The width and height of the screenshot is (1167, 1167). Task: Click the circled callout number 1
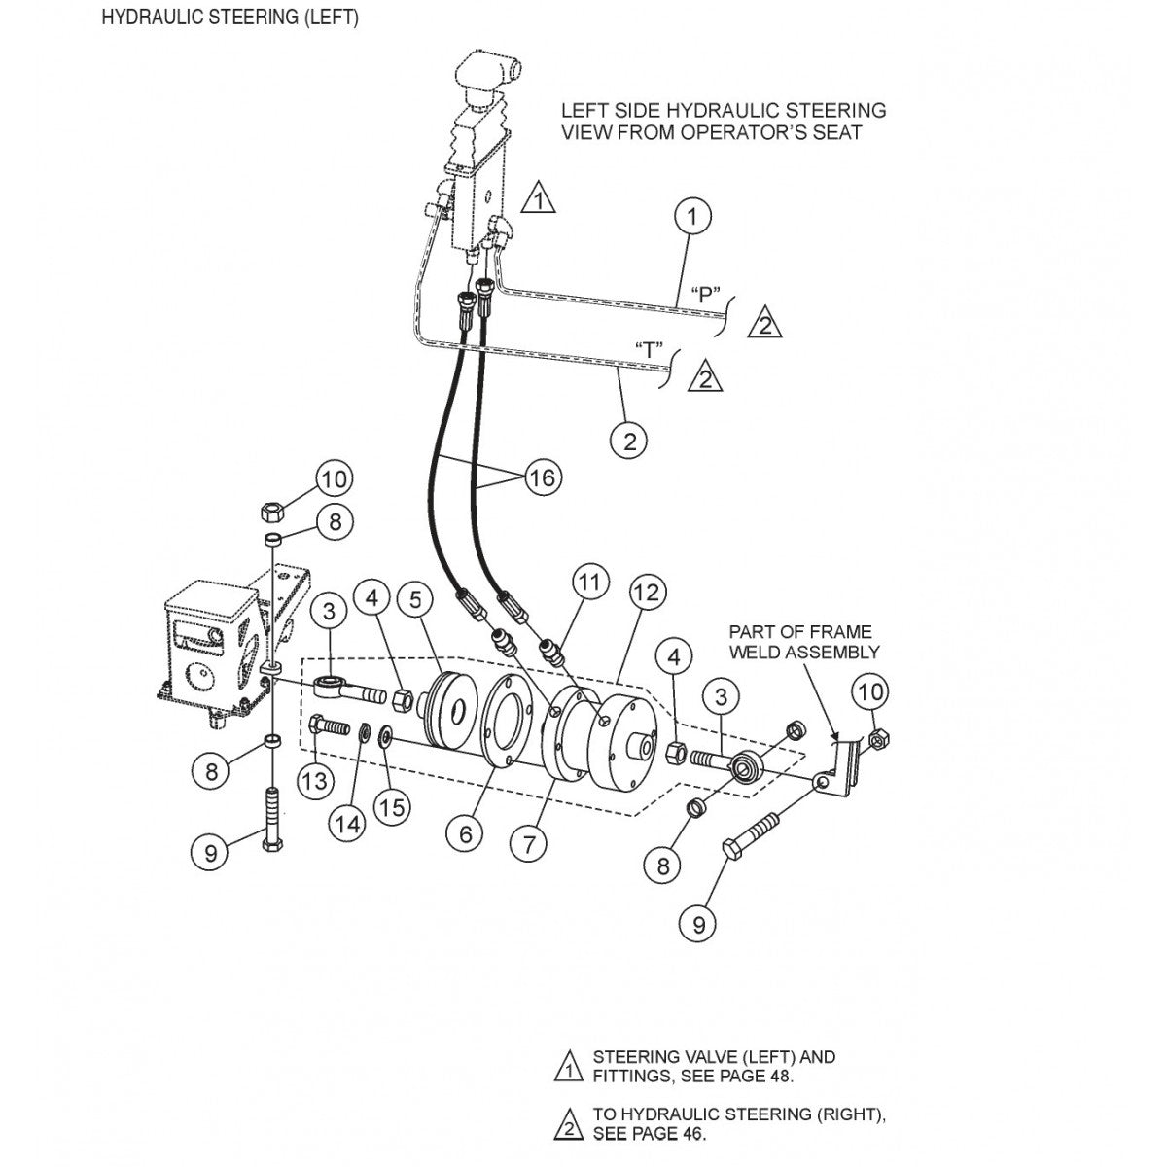692,216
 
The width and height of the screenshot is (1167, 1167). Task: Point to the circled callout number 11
590,583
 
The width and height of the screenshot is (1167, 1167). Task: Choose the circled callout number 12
648,592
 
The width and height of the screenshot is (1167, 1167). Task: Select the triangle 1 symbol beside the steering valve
538,199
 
